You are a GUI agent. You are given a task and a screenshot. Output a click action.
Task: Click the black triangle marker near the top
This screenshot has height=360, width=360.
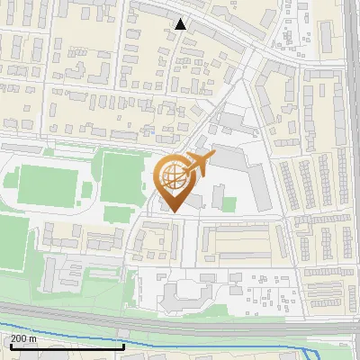click(182, 24)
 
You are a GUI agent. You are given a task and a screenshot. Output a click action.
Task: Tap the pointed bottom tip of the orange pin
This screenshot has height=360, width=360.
click(174, 211)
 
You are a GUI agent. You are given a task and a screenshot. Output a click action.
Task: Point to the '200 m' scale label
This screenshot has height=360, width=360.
click(24, 339)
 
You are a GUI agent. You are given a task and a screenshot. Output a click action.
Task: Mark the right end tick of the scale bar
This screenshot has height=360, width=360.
click(123, 346)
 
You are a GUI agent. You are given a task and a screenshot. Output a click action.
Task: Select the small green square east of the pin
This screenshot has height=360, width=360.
click(229, 204)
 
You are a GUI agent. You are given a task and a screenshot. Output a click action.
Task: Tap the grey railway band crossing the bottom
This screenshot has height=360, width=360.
click(180, 322)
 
